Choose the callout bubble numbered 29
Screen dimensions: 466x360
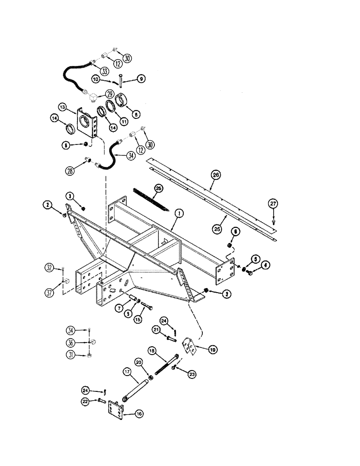pos(110,93)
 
